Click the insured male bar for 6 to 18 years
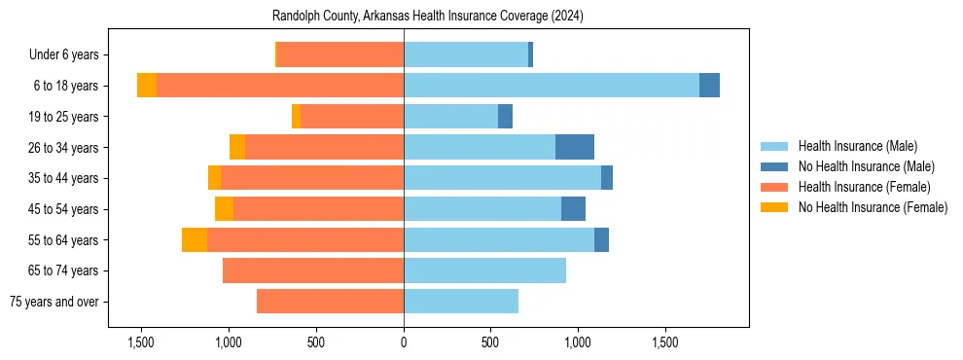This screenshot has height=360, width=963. [551, 86]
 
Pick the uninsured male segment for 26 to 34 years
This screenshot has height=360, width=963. [574, 147]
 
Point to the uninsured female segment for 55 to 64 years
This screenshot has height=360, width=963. [195, 239]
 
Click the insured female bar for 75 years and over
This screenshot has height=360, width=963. [330, 302]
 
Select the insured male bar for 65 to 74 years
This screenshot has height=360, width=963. [484, 270]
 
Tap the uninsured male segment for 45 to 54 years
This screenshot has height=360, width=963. [573, 208]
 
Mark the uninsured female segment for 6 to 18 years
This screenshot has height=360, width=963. [147, 86]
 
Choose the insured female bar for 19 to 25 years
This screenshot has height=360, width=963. [352, 117]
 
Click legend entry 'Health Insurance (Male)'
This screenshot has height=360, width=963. [857, 147]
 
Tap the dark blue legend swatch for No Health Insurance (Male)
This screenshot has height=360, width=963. [774, 167]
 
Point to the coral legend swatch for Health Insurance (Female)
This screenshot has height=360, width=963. [774, 187]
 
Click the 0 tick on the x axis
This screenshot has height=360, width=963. [404, 343]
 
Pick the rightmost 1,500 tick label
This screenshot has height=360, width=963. [665, 343]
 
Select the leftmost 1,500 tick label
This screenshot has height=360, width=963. [141, 343]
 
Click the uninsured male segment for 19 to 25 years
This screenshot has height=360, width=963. [505, 117]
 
